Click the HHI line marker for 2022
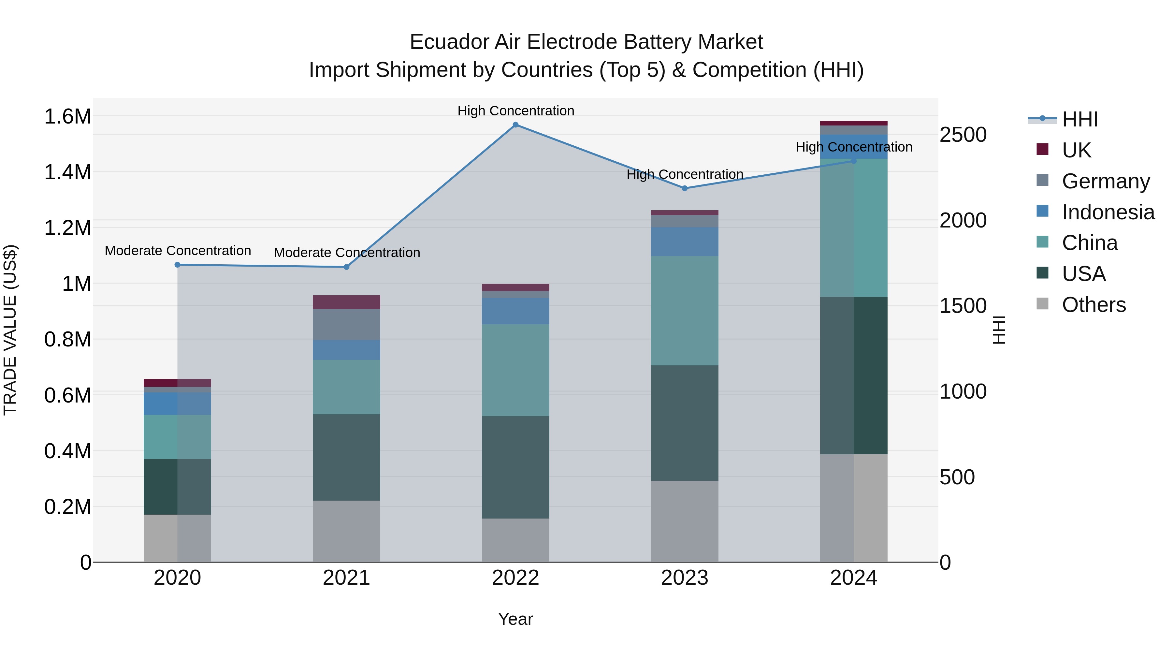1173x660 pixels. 515,125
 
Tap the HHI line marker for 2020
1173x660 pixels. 178,265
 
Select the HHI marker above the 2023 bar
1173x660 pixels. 684,188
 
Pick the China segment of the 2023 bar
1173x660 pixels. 684,310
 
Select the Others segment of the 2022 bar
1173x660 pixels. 515,540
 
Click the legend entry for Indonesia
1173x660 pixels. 1108,212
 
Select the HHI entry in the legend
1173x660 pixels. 1079,119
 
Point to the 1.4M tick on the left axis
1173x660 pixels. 67,172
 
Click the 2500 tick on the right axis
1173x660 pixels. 963,135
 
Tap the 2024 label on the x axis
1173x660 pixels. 853,578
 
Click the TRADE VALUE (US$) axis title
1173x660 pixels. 10,330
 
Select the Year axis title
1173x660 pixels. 515,619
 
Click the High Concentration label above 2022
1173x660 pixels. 515,111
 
